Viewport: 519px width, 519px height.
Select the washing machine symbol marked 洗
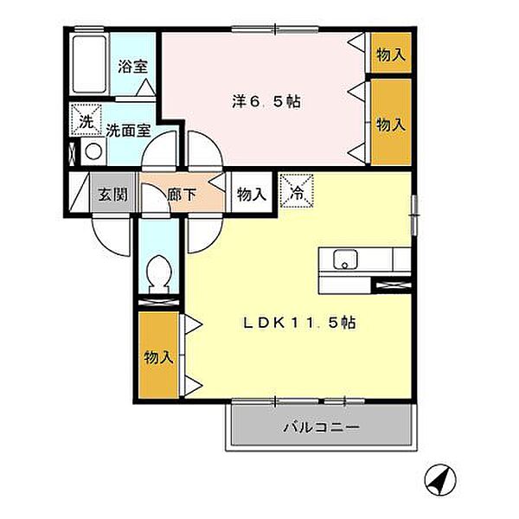(x=85, y=122)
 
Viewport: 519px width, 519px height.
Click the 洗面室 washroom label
(x=129, y=131)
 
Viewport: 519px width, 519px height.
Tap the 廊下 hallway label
(x=183, y=194)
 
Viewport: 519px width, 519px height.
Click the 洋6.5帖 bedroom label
(x=265, y=100)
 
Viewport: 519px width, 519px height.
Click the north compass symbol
(x=440, y=477)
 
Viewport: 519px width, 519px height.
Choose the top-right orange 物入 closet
(x=390, y=54)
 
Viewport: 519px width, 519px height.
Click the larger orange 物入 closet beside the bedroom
(x=390, y=124)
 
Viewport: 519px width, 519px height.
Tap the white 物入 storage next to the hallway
(x=251, y=194)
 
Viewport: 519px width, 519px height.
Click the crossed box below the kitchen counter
(x=390, y=283)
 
